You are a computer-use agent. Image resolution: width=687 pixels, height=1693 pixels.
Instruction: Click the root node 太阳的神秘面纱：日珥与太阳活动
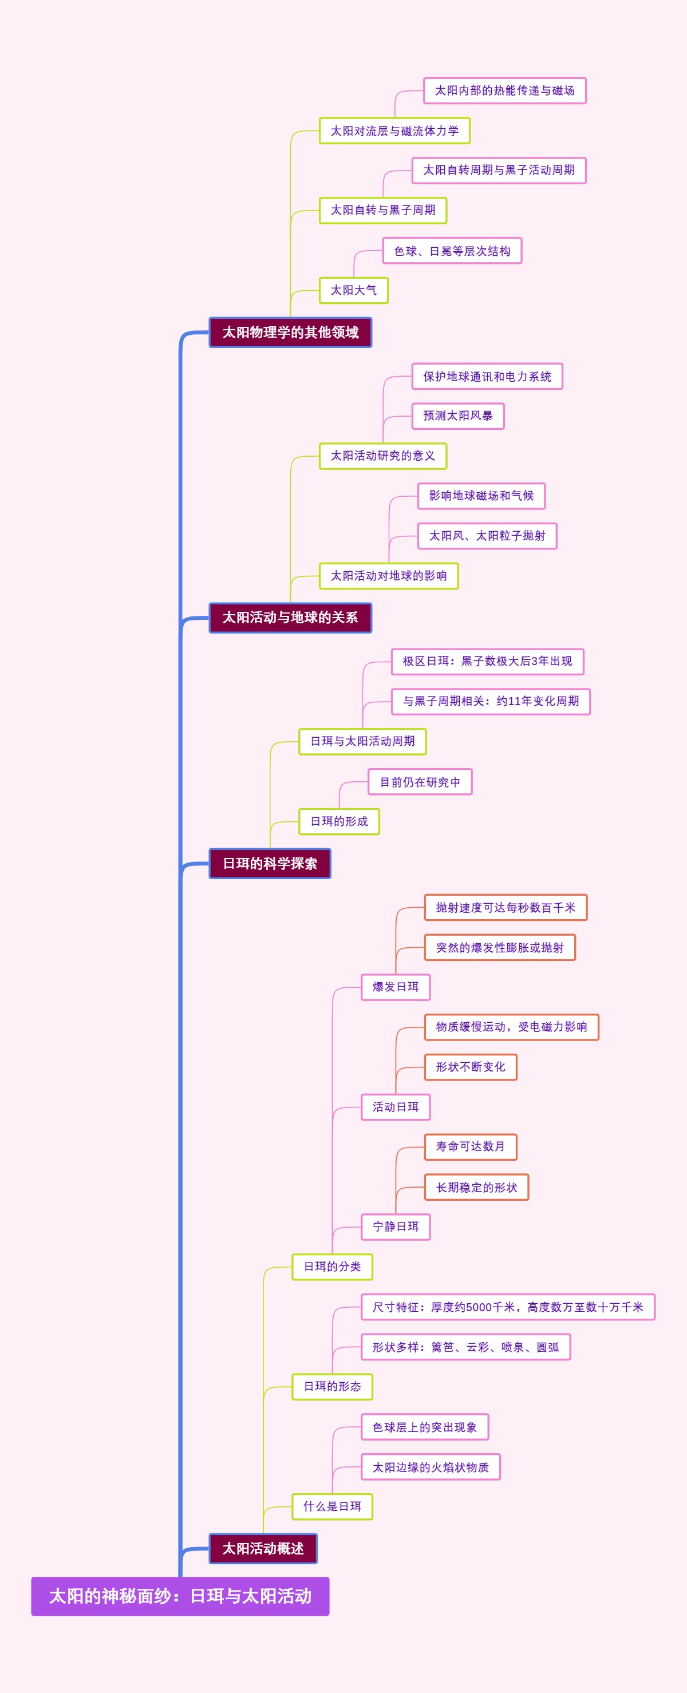coord(180,1596)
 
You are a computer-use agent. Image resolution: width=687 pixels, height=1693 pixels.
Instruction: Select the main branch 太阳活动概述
coord(263,1548)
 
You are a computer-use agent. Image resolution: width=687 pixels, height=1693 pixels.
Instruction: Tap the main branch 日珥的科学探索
coord(270,863)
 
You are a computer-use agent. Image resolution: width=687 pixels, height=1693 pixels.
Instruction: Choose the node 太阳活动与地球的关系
coord(290,617)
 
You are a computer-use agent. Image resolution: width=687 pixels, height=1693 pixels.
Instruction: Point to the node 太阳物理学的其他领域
coord(290,332)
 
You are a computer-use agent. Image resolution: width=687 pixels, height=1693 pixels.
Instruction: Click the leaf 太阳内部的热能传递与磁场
coord(504,90)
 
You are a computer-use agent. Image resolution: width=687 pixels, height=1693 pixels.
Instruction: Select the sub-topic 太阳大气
coord(354,290)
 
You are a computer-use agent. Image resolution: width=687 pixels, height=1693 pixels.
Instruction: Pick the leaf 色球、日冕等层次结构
coord(452,250)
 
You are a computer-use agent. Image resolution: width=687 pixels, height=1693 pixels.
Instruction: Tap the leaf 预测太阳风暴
coord(457,416)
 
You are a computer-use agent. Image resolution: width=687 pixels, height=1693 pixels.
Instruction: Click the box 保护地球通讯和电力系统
coord(487,376)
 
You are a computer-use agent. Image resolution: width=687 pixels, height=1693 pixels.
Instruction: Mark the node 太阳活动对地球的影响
coord(389,576)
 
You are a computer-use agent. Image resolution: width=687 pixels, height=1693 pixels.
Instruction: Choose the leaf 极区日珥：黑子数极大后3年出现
coord(487,661)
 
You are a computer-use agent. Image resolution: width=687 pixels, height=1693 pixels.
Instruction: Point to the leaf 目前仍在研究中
coord(420,781)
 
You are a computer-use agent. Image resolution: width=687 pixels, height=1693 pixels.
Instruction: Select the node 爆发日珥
coord(395,987)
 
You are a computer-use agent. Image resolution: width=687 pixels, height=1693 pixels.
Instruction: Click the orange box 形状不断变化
coord(470,1067)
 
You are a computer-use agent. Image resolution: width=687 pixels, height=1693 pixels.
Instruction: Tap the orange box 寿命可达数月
coord(470,1146)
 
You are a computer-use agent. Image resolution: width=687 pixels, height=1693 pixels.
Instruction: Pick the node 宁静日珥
coord(395,1227)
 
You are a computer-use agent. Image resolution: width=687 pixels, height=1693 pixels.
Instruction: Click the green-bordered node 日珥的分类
coord(332,1267)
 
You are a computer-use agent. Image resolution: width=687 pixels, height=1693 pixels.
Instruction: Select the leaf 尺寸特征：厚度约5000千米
coord(508,1307)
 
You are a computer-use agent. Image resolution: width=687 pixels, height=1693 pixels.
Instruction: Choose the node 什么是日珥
coord(332,1506)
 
